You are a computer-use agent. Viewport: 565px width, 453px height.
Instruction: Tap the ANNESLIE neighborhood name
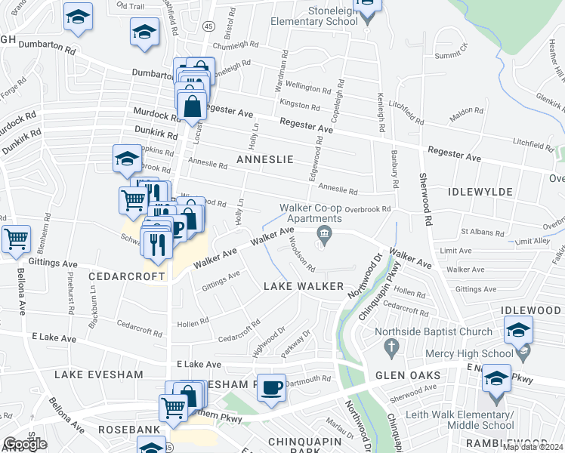click(263, 159)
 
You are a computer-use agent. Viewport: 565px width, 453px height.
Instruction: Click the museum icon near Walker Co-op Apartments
click(325, 235)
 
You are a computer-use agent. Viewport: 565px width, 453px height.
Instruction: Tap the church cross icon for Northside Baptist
click(391, 347)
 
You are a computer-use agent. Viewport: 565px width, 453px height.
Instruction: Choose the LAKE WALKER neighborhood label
click(303, 286)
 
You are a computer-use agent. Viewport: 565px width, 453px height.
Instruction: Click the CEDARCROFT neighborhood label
click(126, 276)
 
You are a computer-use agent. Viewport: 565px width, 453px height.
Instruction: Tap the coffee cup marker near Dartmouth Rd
click(271, 388)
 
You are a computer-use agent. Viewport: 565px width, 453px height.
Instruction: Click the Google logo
click(25, 443)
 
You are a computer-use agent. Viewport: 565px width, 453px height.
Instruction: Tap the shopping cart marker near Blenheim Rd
click(16, 239)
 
